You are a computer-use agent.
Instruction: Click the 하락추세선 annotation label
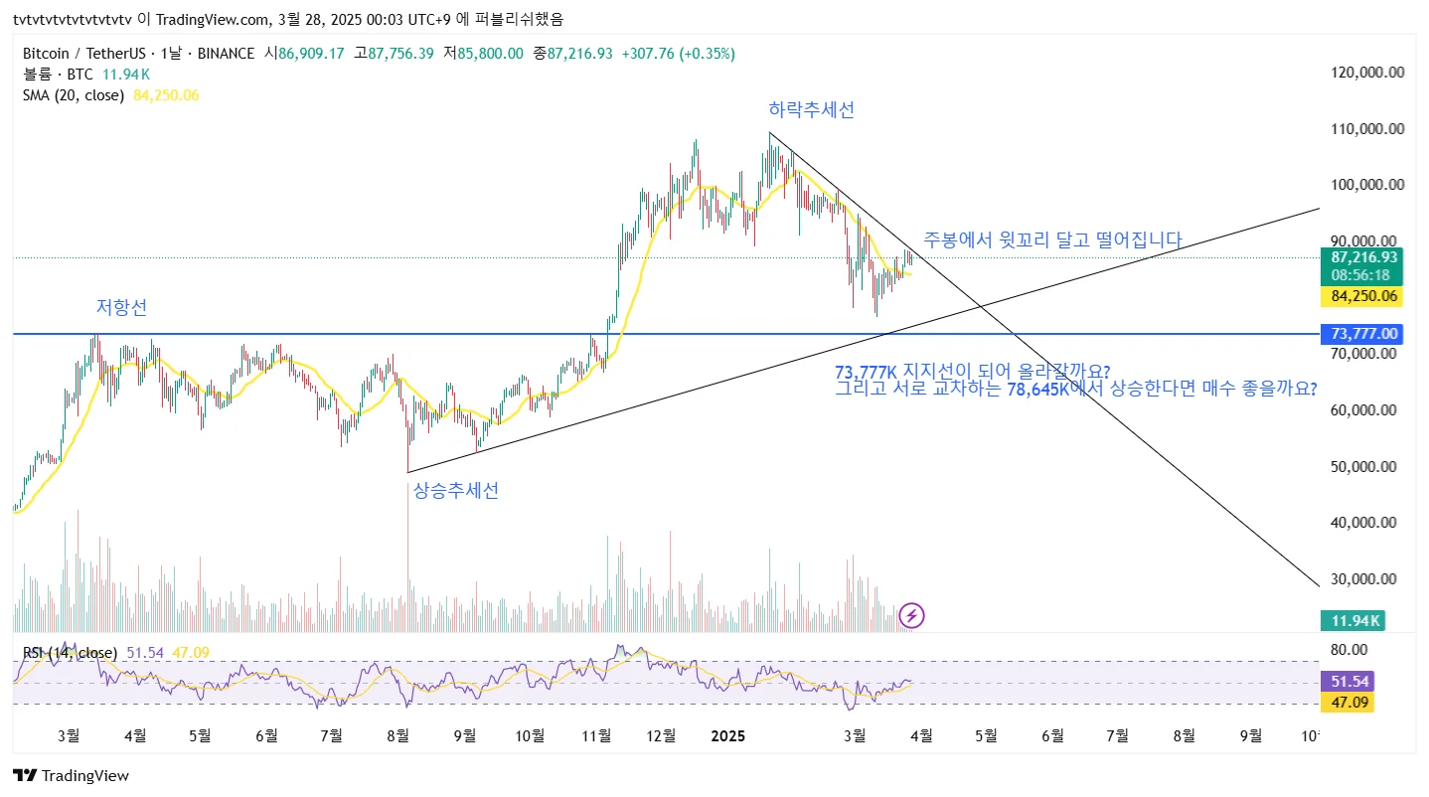pyautogui.click(x=811, y=110)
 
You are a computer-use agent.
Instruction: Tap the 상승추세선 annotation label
pyautogui.click(x=456, y=490)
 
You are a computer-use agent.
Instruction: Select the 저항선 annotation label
pyautogui.click(x=121, y=308)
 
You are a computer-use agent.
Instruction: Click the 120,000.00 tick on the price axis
pyautogui.click(x=1368, y=72)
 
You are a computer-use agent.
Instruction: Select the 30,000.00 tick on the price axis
pyautogui.click(x=1368, y=578)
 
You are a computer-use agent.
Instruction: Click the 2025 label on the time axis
pyautogui.click(x=728, y=735)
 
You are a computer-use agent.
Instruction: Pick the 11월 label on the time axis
pyautogui.click(x=596, y=735)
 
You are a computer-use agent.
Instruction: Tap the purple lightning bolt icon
pyautogui.click(x=911, y=615)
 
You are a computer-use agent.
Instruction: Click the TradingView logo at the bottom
pyautogui.click(x=71, y=775)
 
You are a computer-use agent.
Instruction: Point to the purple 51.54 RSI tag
pyautogui.click(x=1350, y=681)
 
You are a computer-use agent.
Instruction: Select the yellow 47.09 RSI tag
pyautogui.click(x=1350, y=702)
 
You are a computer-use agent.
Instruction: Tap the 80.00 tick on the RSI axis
pyautogui.click(x=1348, y=649)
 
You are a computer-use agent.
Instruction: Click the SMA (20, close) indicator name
pyautogui.click(x=74, y=95)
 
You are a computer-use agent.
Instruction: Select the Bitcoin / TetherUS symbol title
pyautogui.click(x=87, y=53)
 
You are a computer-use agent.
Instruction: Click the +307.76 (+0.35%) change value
pyautogui.click(x=678, y=53)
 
